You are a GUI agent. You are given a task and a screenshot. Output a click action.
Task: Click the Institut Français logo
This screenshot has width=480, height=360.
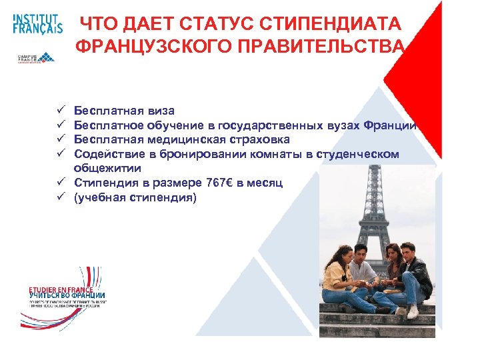37,23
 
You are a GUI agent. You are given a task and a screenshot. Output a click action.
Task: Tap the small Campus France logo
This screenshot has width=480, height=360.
37,58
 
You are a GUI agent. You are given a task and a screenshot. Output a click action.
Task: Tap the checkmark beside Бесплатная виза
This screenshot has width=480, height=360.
59,110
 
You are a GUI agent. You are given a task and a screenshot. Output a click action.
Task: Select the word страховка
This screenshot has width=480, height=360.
251,139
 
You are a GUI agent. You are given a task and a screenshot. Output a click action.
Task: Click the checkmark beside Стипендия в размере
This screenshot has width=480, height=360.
59,183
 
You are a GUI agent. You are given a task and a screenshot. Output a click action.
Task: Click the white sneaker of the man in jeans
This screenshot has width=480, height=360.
413,311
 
